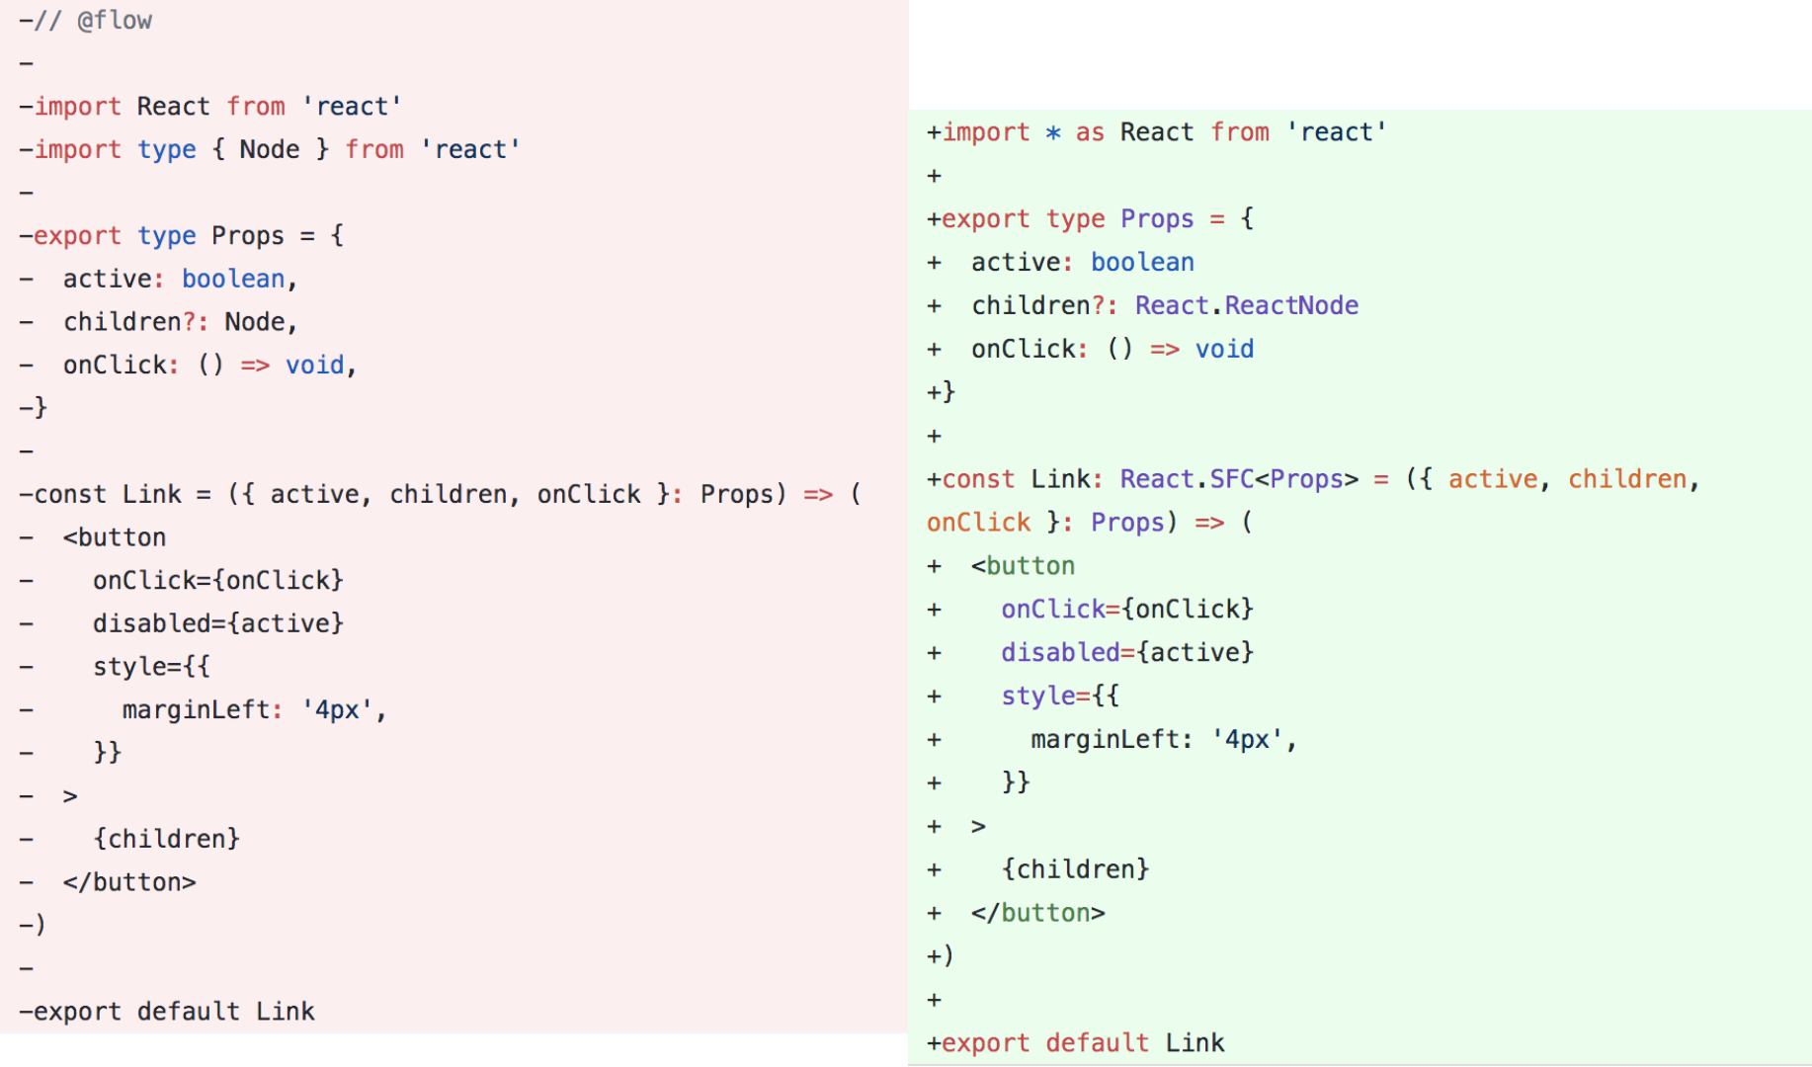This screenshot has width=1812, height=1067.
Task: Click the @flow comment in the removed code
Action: pos(114,21)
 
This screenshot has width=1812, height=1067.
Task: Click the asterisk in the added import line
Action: pos(1053,132)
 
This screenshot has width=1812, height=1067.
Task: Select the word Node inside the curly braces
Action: pos(269,149)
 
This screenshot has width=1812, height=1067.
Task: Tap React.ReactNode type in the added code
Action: pos(1246,305)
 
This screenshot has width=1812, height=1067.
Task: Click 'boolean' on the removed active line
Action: pos(233,279)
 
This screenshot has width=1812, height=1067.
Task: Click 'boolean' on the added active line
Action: pos(1142,262)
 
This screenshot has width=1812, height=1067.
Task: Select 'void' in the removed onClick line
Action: pos(314,365)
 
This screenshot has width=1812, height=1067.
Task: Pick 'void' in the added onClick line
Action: pos(1224,349)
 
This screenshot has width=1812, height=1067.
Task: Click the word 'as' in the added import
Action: pos(1090,132)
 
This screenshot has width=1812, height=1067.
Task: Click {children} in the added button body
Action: pos(1075,869)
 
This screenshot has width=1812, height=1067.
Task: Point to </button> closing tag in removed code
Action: pos(129,882)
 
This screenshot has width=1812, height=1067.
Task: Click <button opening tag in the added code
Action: pos(1023,566)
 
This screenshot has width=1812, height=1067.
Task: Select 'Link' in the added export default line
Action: pos(1194,1043)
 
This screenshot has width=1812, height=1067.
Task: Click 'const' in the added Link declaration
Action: pos(978,479)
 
